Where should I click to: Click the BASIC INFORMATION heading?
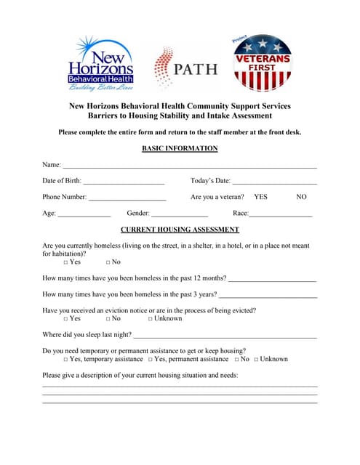pos(180,149)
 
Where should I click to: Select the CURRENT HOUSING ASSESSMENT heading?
pos(180,229)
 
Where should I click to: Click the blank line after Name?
pos(189,167)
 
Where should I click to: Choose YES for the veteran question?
pos(260,197)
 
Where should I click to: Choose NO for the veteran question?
pos(302,197)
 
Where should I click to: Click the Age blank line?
pos(84,215)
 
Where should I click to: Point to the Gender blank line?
pos(180,215)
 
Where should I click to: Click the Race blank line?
pos(281,215)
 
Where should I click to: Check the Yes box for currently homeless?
pos(65,262)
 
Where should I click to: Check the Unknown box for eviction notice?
pos(151,319)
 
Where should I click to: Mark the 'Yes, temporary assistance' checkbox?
pos(65,360)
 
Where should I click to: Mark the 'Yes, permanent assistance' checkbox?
pos(151,360)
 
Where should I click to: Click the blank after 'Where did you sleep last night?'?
pos(225,336)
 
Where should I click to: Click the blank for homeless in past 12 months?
pos(273,279)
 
